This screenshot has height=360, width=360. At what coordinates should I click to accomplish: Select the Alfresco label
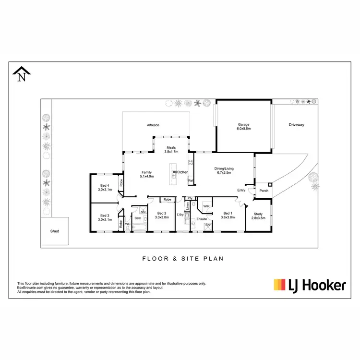pyautogui.click(x=153, y=125)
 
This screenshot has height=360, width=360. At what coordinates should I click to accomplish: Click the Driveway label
pyautogui.click(x=296, y=125)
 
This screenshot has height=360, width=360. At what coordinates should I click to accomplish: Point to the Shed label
pyautogui.click(x=55, y=231)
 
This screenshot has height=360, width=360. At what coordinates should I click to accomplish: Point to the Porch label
pyautogui.click(x=264, y=191)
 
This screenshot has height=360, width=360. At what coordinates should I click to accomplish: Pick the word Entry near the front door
pyautogui.click(x=241, y=191)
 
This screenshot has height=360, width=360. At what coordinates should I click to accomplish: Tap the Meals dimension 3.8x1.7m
pyautogui.click(x=171, y=152)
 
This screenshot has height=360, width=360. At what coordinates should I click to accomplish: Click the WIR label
pyautogui.click(x=206, y=206)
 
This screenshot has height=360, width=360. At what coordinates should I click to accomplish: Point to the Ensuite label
pyautogui.click(x=202, y=219)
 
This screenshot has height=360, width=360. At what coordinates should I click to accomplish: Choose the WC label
pyautogui.click(x=128, y=224)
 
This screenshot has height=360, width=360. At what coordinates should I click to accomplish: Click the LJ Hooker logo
pyautogui.click(x=310, y=285)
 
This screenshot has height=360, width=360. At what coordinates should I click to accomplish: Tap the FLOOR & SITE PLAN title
pyautogui.click(x=183, y=258)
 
